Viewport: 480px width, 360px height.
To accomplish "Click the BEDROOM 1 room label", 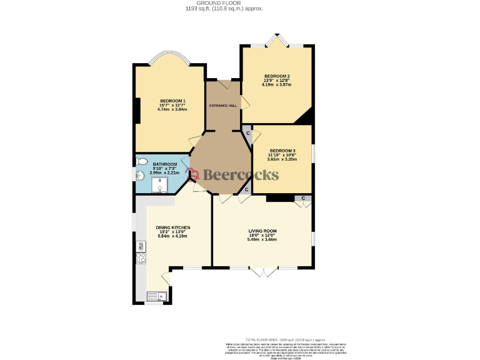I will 172,101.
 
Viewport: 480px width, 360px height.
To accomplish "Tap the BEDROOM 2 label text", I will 276,76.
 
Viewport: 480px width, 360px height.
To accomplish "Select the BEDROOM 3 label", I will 282,151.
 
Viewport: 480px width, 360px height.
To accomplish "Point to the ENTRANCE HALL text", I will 223,106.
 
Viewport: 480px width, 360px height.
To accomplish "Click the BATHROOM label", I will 164,164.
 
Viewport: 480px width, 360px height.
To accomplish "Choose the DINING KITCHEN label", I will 173,227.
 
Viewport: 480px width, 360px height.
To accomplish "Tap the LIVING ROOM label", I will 262,231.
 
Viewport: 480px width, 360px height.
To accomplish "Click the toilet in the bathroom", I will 141,163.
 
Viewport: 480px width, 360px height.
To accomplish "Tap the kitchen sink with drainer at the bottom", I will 154,296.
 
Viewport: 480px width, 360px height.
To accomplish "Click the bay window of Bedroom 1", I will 170,57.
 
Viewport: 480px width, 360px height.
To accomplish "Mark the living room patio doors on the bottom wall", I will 262,272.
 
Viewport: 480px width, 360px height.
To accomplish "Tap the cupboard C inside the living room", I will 303,199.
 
